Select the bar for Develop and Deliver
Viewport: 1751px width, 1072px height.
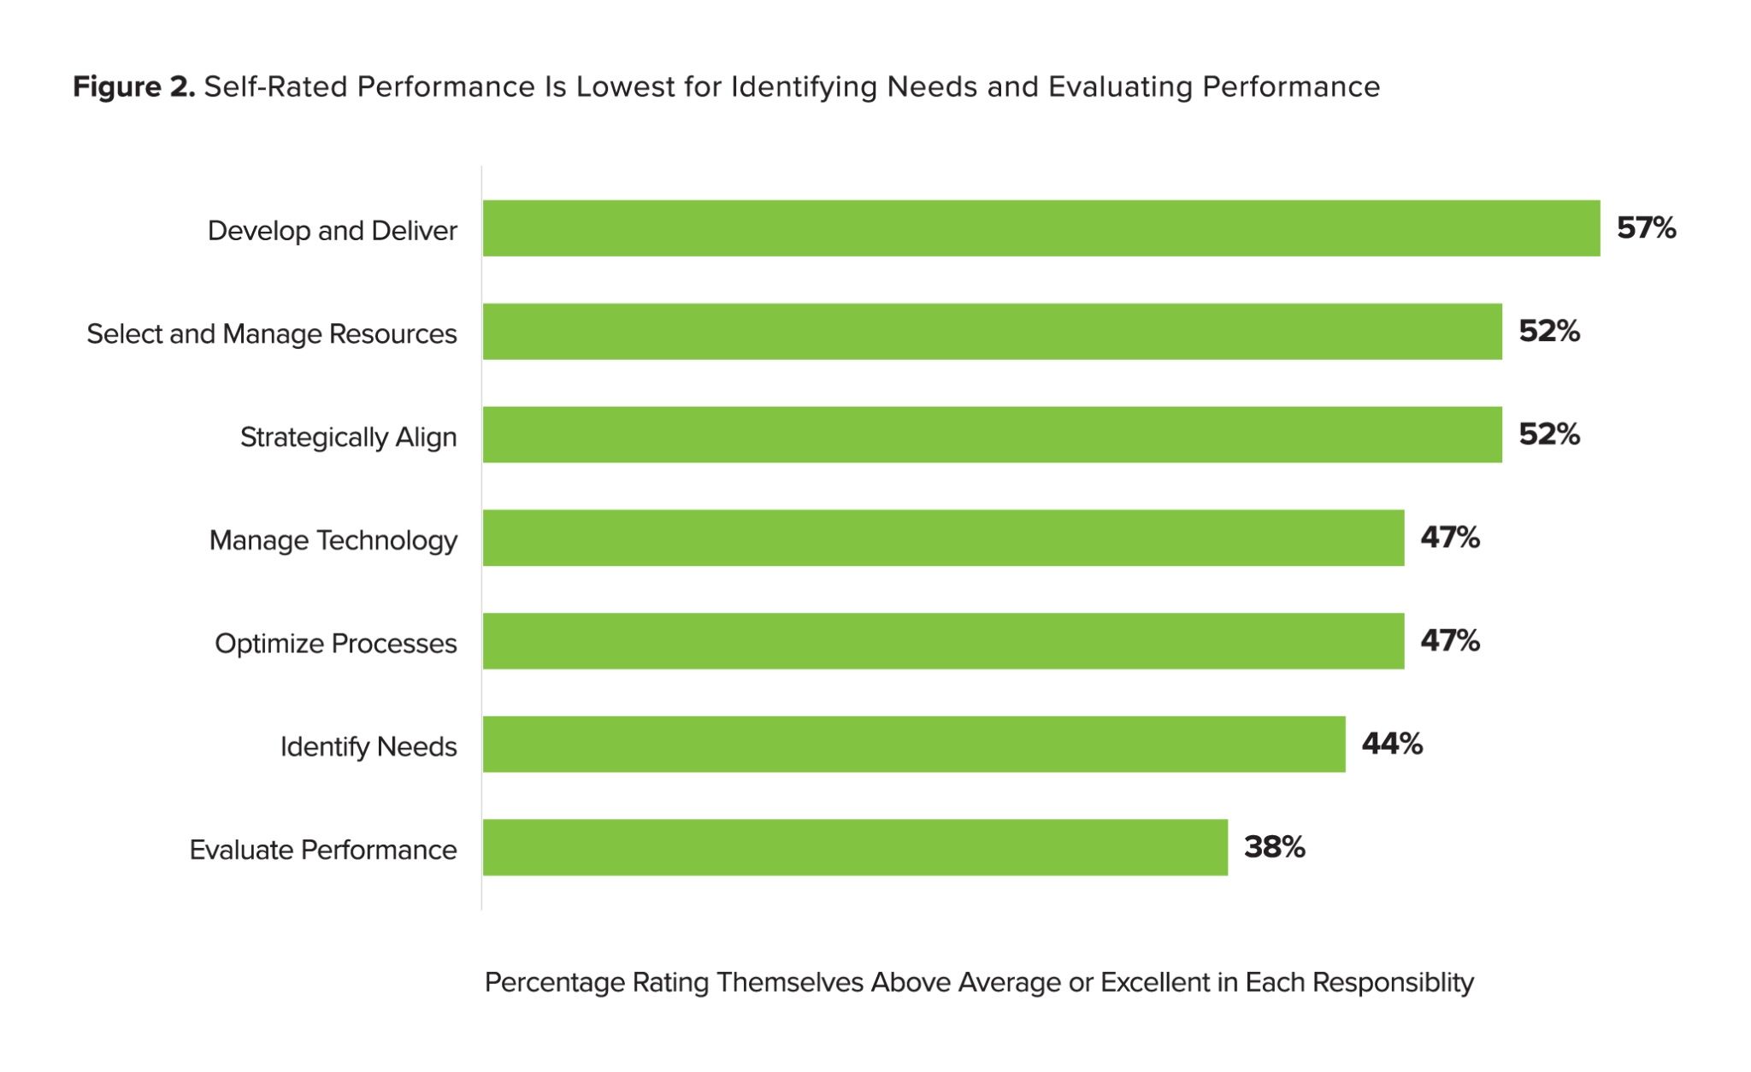click(1041, 228)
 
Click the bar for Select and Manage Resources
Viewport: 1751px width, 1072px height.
click(992, 332)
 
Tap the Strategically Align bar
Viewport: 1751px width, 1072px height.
click(992, 434)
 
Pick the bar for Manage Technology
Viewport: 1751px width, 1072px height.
click(943, 538)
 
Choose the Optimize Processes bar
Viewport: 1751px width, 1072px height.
click(943, 641)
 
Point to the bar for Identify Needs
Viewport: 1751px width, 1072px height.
click(913, 744)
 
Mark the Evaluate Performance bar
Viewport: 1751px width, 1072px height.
click(855, 847)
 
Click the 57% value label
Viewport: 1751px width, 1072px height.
click(1646, 228)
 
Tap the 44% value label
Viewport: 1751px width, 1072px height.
click(1392, 744)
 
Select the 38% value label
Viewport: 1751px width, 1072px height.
click(1274, 847)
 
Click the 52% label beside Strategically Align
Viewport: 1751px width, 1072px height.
click(1548, 434)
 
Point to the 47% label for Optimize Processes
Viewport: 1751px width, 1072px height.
click(1450, 641)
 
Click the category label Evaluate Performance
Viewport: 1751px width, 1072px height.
click(322, 850)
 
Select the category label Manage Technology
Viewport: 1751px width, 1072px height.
click(333, 540)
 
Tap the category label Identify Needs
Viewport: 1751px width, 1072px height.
click(368, 747)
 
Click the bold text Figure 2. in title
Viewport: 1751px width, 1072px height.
click(134, 86)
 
